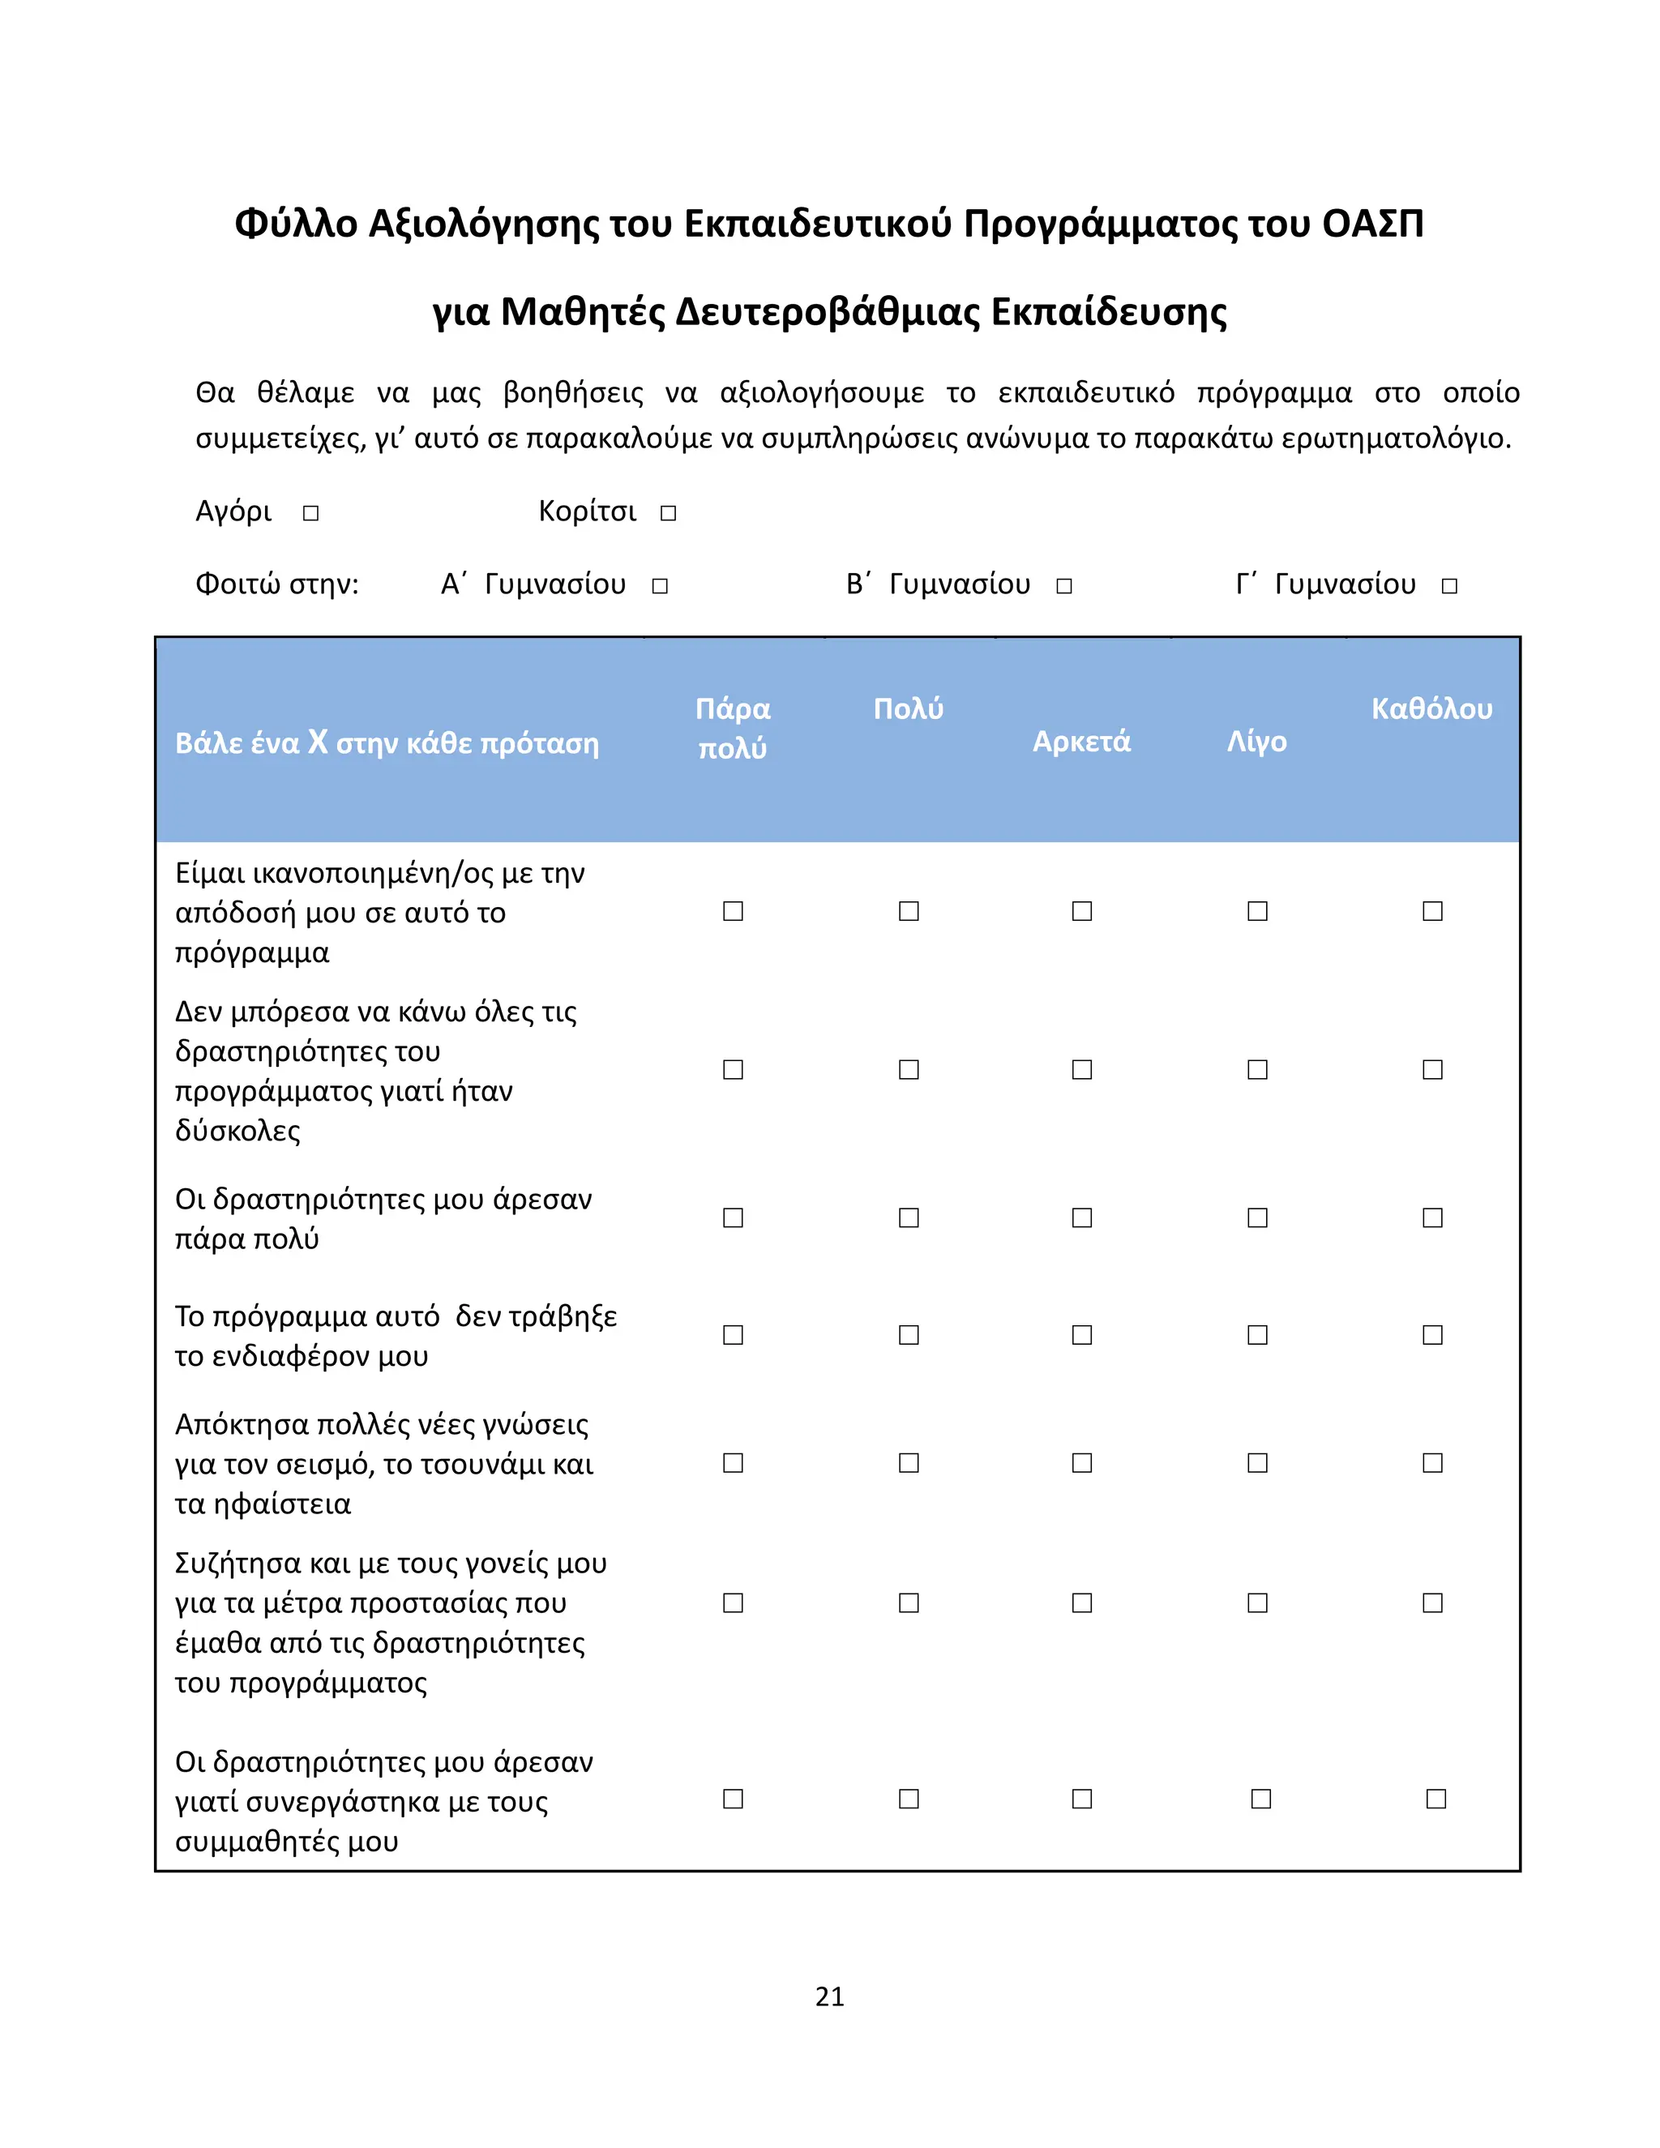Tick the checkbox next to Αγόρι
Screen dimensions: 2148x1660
(310, 513)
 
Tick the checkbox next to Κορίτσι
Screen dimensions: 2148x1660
(669, 513)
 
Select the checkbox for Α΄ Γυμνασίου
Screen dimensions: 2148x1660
(660, 586)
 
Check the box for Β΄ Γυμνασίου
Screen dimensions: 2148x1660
(1064, 586)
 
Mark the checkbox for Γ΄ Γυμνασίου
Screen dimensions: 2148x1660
(1449, 586)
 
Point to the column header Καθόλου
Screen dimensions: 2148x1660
(1432, 708)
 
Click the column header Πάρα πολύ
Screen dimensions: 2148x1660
(733, 728)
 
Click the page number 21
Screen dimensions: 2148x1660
(830, 1996)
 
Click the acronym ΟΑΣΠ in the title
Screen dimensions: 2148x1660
(1373, 225)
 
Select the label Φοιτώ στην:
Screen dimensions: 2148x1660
(277, 584)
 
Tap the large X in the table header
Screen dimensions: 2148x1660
(318, 741)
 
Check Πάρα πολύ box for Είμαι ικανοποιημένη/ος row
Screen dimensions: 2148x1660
(733, 912)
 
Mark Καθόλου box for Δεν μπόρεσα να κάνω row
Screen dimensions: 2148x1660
(1433, 1070)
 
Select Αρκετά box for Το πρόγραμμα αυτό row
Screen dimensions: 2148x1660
(1082, 1336)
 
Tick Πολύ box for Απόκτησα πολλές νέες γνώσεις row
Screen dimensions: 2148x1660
(909, 1463)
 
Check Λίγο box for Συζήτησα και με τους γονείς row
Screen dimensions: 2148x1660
(1257, 1603)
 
